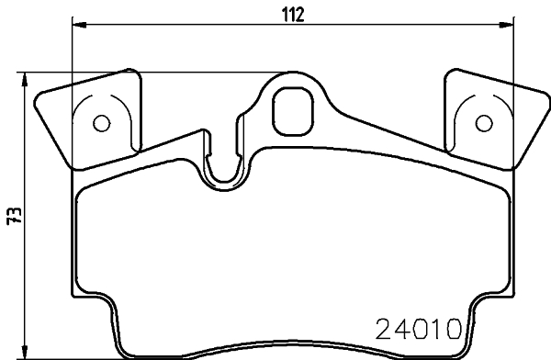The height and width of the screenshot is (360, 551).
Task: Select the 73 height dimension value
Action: [x=13, y=216]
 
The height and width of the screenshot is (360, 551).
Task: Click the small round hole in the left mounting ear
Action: [x=102, y=122]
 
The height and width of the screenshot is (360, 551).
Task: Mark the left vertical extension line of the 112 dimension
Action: [x=73, y=55]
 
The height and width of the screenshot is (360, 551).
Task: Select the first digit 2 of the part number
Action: [x=386, y=328]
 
